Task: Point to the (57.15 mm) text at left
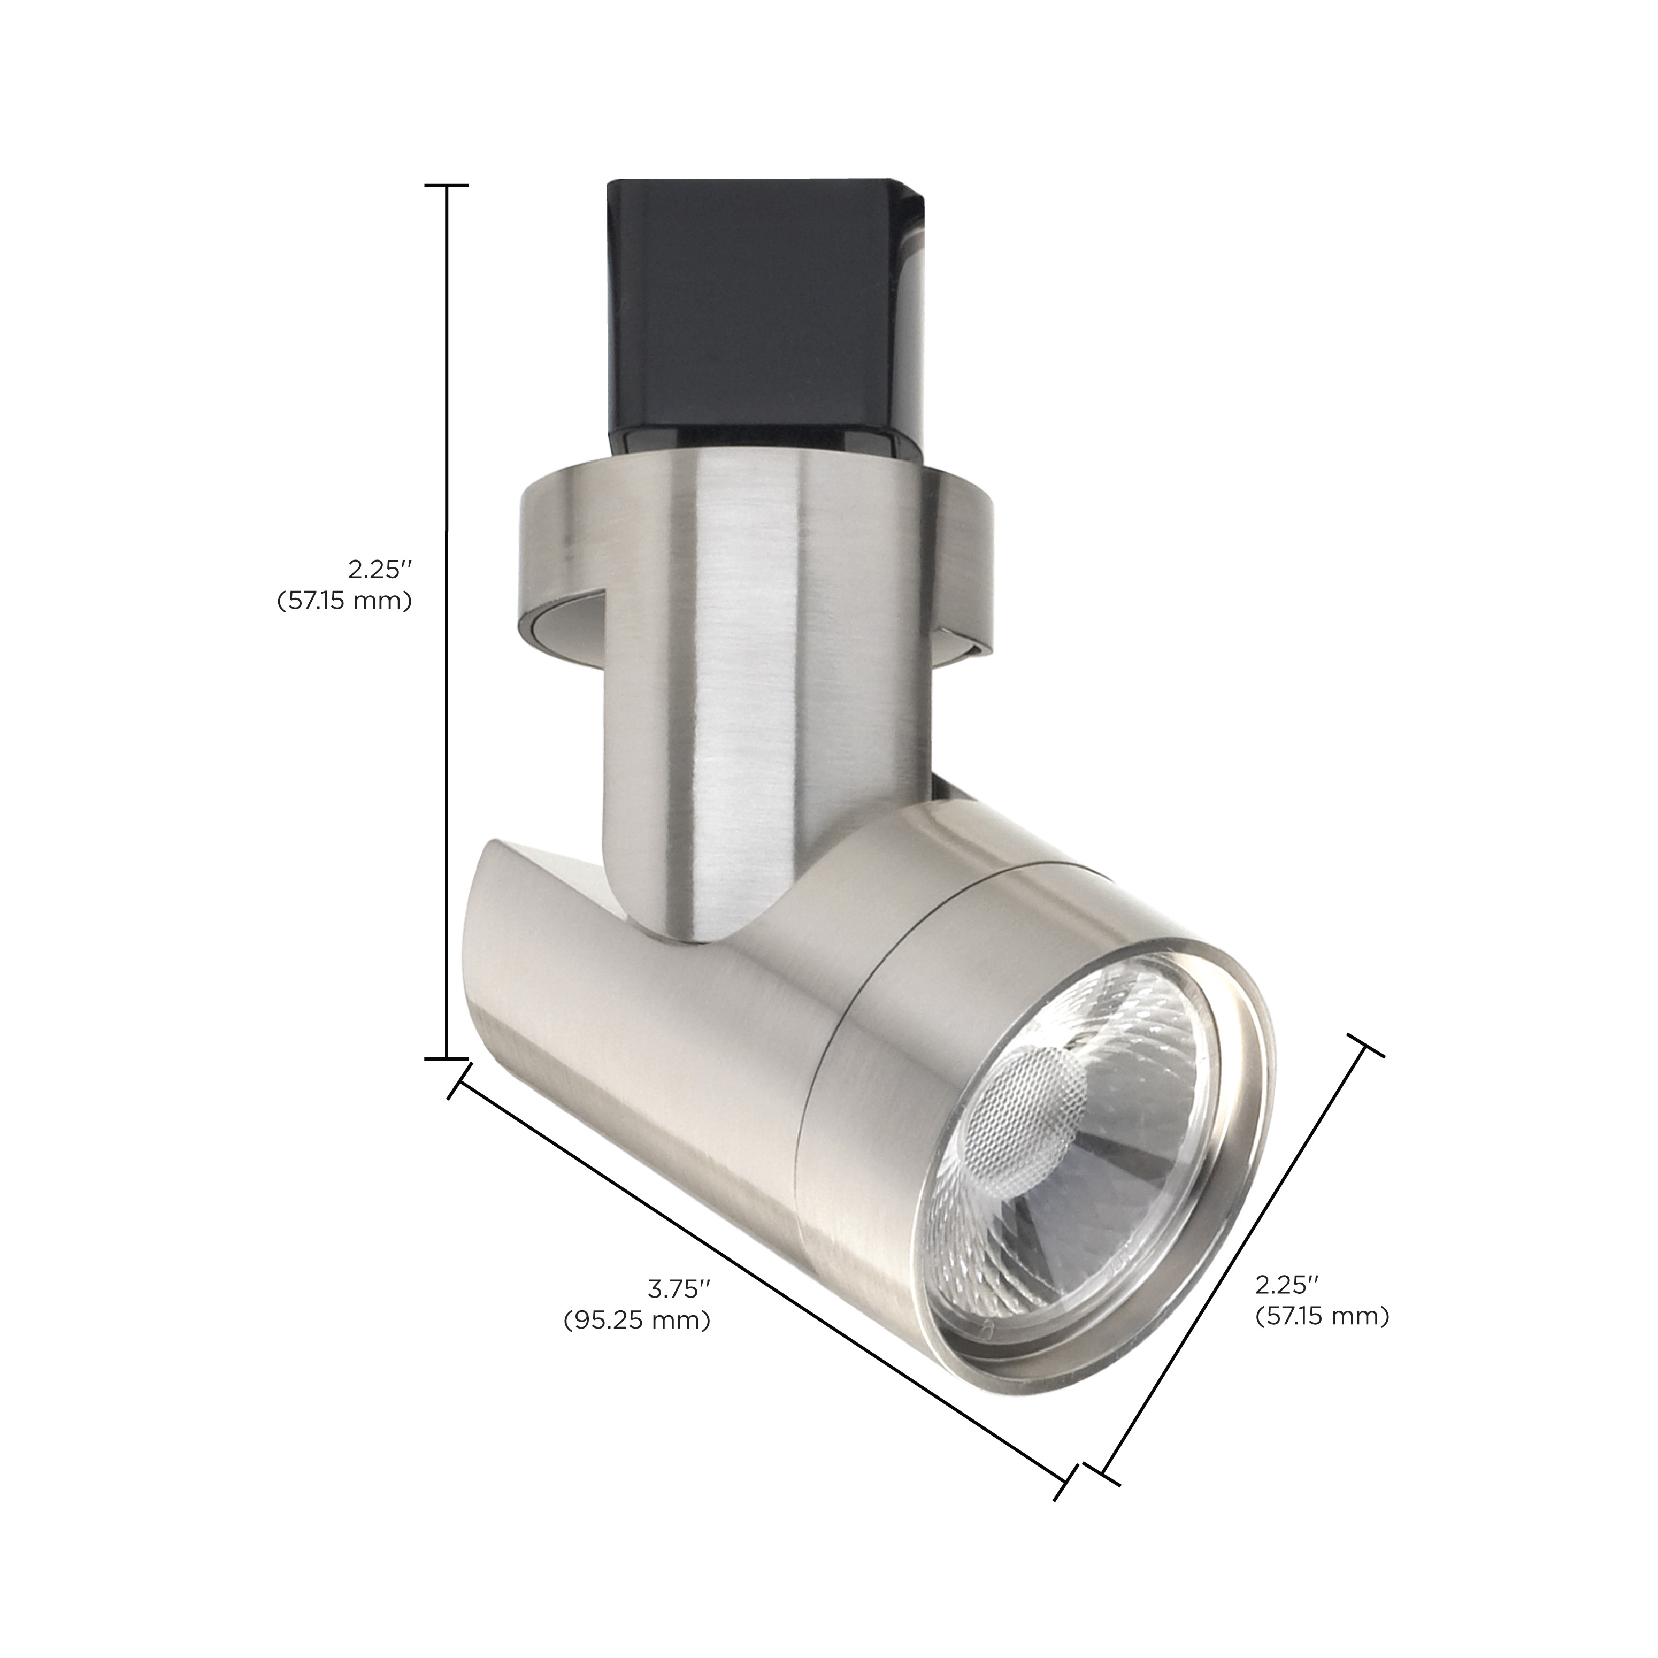click(344, 601)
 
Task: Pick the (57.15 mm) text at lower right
click(1322, 1340)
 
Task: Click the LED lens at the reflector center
click(1021, 1107)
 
